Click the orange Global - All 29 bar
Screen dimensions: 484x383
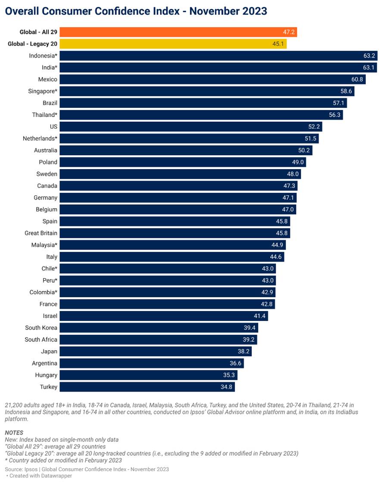[178, 32]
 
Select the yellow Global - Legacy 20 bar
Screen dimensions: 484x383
[173, 44]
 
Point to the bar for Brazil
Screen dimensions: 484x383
[203, 103]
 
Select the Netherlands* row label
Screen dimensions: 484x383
[40, 139]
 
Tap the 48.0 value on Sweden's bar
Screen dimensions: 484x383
[293, 174]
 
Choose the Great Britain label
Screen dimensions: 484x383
[41, 233]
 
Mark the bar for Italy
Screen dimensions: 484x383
[171, 257]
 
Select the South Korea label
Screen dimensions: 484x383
[41, 328]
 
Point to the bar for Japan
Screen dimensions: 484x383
[155, 351]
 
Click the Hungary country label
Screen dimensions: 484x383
[46, 375]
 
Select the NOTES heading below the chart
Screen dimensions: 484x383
[14, 432]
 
